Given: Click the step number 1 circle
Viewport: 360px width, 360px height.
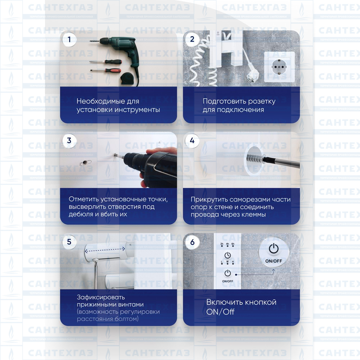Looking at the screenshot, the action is click(x=69, y=39).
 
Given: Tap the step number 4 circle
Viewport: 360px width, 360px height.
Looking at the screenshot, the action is click(x=192, y=140).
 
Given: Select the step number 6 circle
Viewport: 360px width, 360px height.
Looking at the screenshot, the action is click(x=192, y=242).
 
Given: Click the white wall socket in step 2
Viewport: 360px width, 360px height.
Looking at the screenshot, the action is click(x=279, y=67).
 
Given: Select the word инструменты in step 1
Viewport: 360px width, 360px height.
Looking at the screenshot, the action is click(x=137, y=110).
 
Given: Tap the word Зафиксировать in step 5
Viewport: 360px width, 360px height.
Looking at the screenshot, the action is click(x=101, y=297).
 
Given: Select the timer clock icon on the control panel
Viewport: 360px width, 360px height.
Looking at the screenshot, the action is click(x=228, y=255).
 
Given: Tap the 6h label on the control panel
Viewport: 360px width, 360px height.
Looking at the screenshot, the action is click(x=233, y=244).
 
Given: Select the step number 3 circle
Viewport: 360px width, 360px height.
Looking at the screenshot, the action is click(x=69, y=140).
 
